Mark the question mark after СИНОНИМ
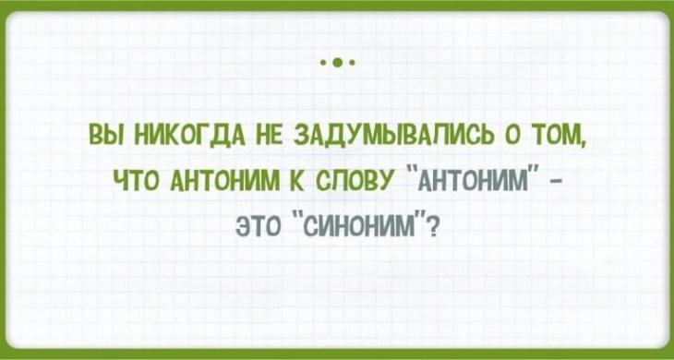click(x=434, y=222)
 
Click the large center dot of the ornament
click(x=337, y=65)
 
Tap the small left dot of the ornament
click(x=323, y=65)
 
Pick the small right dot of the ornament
click(x=352, y=65)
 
